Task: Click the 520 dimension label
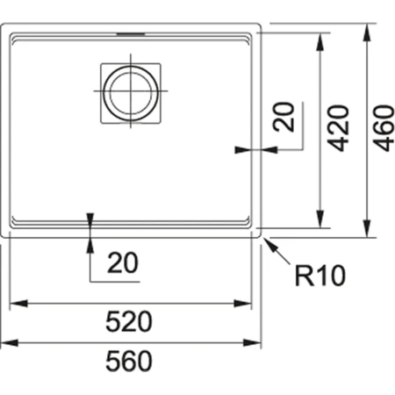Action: (x=129, y=322)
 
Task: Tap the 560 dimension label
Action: (x=129, y=361)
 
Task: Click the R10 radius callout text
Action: (x=320, y=277)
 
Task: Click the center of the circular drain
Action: (x=131, y=90)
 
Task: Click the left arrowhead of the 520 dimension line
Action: (x=15, y=303)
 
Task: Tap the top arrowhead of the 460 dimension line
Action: (x=366, y=26)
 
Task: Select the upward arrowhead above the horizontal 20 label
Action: (x=90, y=243)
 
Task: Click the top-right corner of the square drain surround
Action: (x=161, y=63)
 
